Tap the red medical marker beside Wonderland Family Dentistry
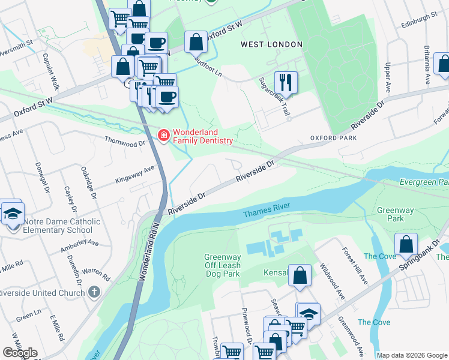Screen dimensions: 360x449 (163, 136)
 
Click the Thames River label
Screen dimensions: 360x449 (267, 211)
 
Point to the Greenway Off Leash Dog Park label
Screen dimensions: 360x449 (222, 265)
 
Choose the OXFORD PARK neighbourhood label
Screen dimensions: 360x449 (333, 138)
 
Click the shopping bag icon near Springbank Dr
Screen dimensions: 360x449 (406, 244)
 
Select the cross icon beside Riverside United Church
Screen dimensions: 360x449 (93, 292)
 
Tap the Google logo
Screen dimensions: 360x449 (20, 353)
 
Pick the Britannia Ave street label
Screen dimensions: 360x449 (426, 65)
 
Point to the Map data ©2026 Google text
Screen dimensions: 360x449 (411, 355)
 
